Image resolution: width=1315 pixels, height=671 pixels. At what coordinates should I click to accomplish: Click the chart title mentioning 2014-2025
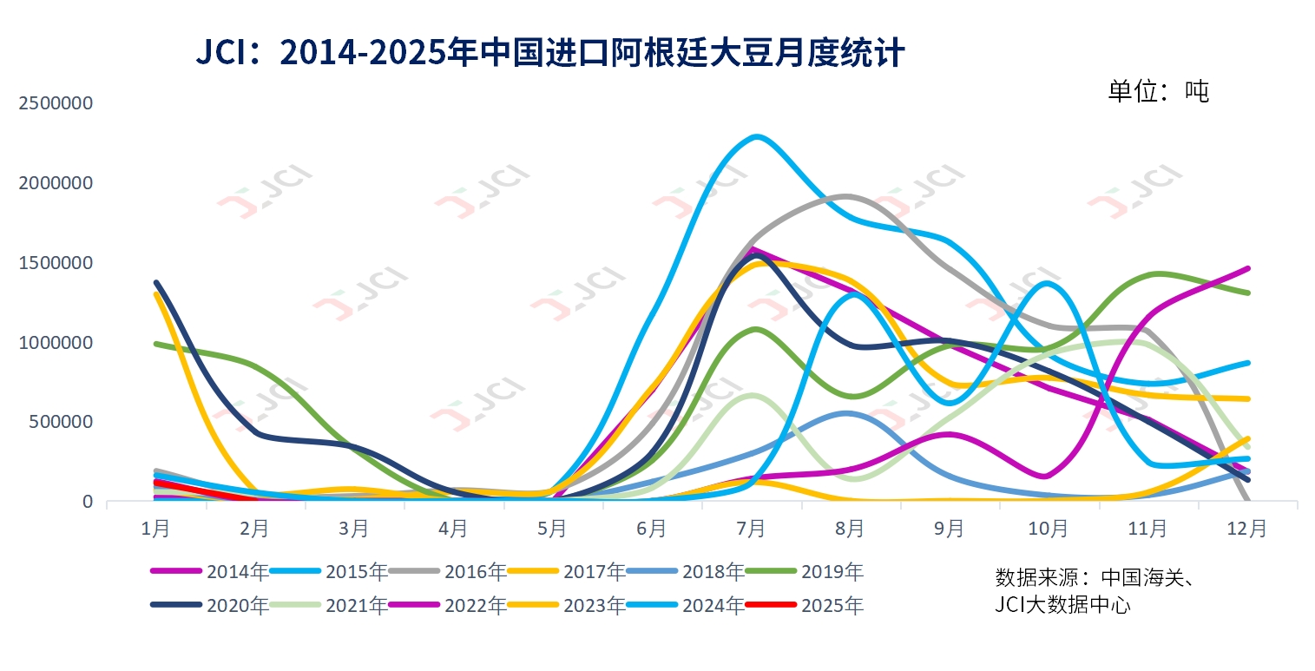pos(550,54)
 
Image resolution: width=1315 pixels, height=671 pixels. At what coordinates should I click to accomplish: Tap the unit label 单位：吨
pos(1158,91)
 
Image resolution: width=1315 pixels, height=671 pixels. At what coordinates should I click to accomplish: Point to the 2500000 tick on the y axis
pos(56,103)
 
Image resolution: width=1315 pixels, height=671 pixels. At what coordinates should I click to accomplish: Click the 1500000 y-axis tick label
pos(56,263)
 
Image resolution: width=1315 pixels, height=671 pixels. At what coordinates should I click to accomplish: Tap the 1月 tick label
pos(155,528)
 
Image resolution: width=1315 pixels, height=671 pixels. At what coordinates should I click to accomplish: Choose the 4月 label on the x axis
pos(453,528)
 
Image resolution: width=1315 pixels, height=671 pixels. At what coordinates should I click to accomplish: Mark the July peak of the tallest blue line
pos(757,136)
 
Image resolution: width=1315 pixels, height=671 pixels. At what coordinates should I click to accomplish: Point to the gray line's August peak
pos(847,196)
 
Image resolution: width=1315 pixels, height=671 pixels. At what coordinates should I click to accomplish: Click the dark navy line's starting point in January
pos(156,282)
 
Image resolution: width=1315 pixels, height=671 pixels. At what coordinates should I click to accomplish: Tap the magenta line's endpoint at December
pos(1247,268)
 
